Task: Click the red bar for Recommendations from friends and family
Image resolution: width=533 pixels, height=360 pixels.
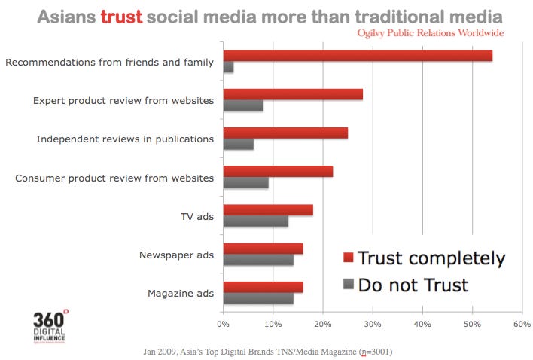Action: (x=358, y=56)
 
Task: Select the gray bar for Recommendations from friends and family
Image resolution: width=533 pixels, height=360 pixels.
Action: (x=228, y=68)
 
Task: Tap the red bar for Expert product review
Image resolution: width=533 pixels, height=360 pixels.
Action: (x=293, y=94)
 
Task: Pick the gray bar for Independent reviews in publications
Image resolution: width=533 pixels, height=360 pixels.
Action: (x=238, y=145)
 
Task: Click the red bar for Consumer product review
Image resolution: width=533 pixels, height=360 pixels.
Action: (x=278, y=172)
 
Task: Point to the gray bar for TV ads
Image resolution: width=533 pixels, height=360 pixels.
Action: (x=255, y=221)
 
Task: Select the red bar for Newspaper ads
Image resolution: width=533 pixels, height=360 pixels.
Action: (x=263, y=249)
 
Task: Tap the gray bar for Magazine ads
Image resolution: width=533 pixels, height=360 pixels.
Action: (x=257, y=298)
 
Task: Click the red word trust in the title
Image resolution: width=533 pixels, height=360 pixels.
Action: (x=120, y=16)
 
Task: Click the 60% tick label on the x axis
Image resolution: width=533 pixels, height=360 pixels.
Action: (x=522, y=325)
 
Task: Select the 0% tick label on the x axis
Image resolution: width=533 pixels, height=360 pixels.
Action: (x=223, y=325)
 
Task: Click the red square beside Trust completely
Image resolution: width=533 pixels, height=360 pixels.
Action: (x=348, y=258)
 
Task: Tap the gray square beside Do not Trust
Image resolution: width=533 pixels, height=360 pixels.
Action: (x=348, y=285)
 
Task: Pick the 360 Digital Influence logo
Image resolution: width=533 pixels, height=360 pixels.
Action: (x=50, y=324)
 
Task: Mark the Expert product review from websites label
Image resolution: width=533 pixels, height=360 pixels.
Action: (x=123, y=99)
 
